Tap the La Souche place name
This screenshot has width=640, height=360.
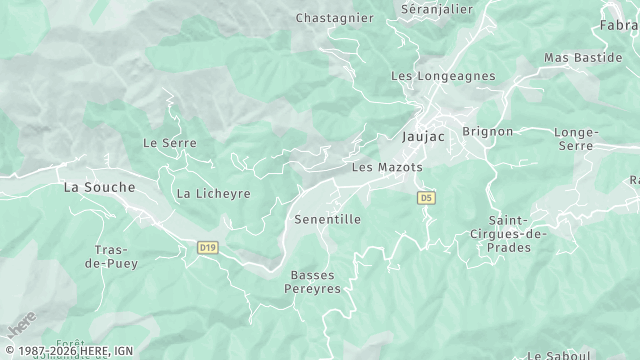98,187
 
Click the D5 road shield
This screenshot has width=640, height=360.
427,198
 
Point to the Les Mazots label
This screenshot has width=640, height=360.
387,167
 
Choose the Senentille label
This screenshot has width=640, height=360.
327,218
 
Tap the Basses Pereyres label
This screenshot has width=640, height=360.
315,281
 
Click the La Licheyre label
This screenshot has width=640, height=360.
213,193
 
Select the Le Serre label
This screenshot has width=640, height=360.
170,143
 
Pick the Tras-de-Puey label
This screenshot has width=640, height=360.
116,257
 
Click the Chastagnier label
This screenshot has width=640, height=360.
334,18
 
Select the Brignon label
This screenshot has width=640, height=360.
488,131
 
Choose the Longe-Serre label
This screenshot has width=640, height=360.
575,139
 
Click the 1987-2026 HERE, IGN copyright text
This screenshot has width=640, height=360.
67,351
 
